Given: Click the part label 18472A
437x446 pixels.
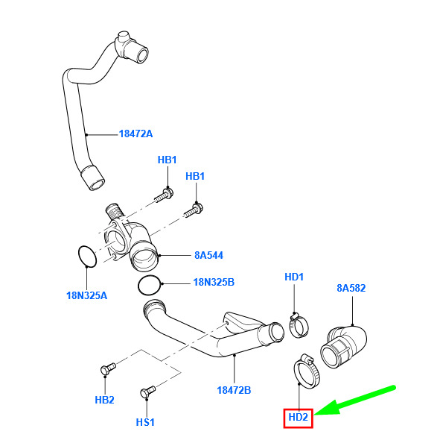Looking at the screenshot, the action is pyautogui.click(x=135, y=134).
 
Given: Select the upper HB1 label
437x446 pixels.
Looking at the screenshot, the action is pyautogui.click(x=167, y=160).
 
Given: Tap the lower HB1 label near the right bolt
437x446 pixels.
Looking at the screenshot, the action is pyautogui.click(x=195, y=176).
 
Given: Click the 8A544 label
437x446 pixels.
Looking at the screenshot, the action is pyautogui.click(x=208, y=255).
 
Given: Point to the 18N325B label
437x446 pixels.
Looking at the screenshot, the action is pyautogui.click(x=214, y=282).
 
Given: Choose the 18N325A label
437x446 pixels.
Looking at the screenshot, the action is pyautogui.click(x=86, y=295).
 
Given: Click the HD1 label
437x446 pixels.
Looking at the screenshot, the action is pyautogui.click(x=294, y=277).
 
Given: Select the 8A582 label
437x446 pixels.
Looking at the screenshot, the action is pyautogui.click(x=351, y=288).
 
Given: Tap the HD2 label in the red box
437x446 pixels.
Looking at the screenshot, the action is pyautogui.click(x=298, y=417).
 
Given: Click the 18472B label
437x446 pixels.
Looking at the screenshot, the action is pyautogui.click(x=234, y=390).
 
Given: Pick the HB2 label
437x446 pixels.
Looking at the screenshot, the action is pyautogui.click(x=104, y=400).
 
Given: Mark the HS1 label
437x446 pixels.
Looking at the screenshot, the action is pyautogui.click(x=145, y=422).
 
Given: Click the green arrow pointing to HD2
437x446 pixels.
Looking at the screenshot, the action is pyautogui.click(x=355, y=401).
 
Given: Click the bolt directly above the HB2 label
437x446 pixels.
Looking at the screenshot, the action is pyautogui.click(x=108, y=368).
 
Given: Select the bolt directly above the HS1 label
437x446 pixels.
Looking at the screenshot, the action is pyautogui.click(x=148, y=392).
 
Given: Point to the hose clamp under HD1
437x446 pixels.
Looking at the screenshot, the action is pyautogui.click(x=292, y=327).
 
